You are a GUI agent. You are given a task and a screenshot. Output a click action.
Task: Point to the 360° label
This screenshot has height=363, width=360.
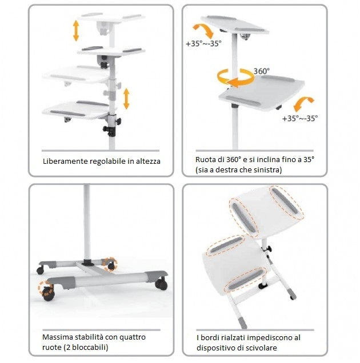(262, 71)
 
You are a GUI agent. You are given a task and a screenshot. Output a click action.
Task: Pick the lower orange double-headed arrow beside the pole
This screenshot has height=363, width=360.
(126, 98)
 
